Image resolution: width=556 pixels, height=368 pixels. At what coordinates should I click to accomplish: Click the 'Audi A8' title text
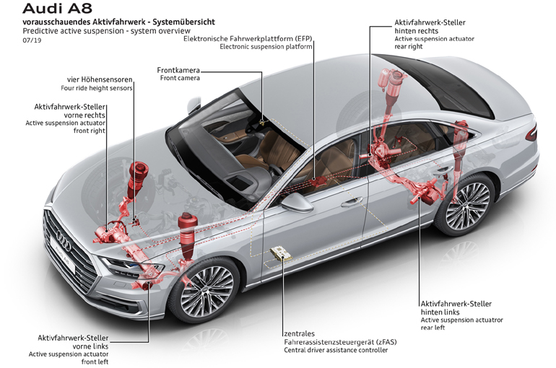(x=57, y=8)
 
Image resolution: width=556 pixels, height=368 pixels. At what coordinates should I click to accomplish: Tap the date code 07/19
(x=32, y=40)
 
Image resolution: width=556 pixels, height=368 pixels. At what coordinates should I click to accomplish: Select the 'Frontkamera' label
(x=178, y=70)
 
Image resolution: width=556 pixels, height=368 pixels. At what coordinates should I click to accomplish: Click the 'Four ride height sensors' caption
(x=97, y=88)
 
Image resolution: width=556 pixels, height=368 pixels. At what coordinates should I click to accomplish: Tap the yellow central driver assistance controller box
(x=282, y=253)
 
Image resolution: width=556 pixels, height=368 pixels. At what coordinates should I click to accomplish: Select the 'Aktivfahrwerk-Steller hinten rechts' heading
(x=430, y=27)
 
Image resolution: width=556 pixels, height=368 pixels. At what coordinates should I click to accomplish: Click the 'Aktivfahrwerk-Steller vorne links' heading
(x=73, y=342)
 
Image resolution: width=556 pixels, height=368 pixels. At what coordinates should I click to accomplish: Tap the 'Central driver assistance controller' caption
(x=336, y=350)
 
